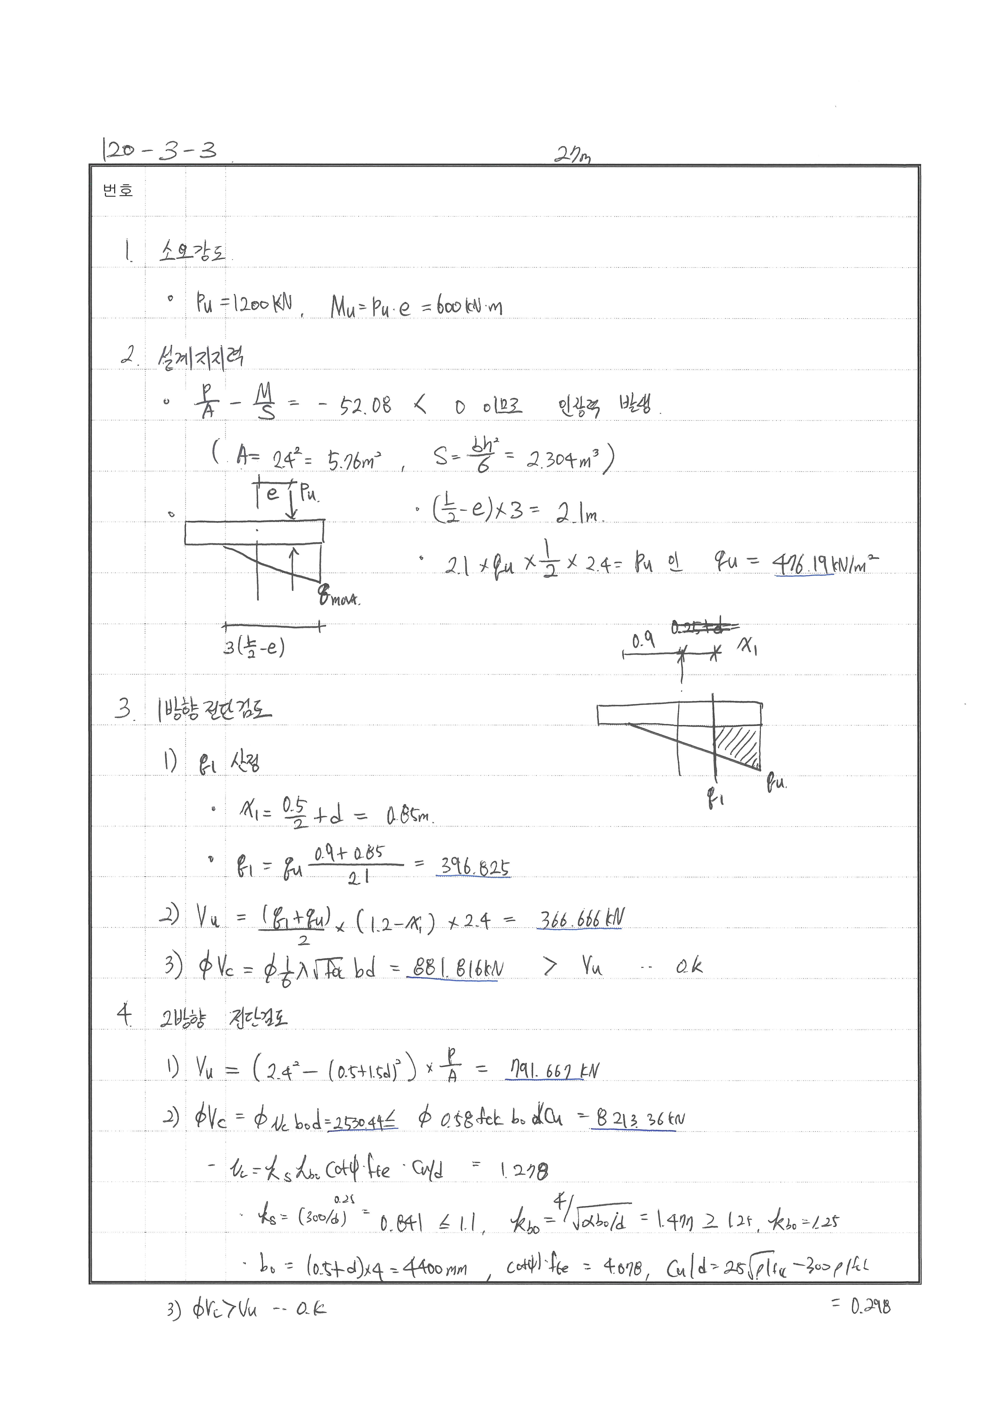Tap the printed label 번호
[x=118, y=191]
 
